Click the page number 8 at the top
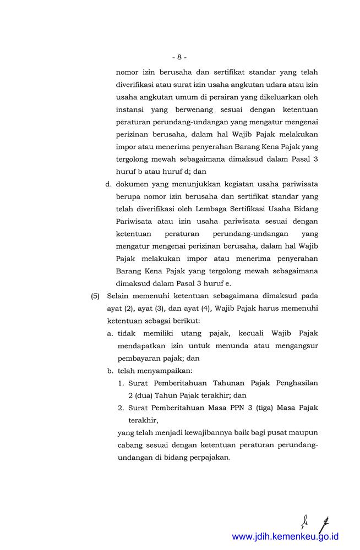(x=179, y=57)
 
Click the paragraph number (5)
(x=95, y=295)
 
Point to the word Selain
(x=119, y=295)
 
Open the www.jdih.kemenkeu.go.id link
(x=285, y=536)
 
